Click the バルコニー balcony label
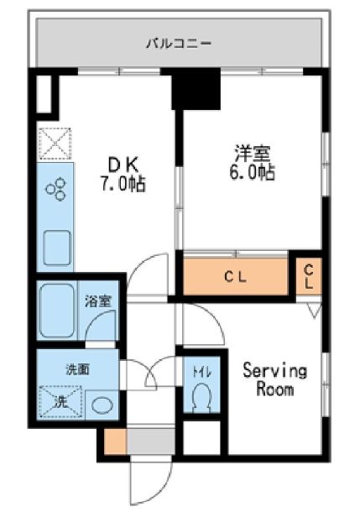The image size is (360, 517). point(179,43)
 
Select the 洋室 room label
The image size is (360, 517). point(253,153)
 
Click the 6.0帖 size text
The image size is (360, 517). point(253,172)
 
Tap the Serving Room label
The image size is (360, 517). point(275,380)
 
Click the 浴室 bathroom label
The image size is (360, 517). point(98,301)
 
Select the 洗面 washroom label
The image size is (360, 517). point(78,369)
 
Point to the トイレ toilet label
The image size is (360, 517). point(201,373)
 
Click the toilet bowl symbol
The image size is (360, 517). point(201,397)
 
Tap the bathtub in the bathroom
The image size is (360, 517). point(57,311)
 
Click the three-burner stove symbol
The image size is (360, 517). point(55,190)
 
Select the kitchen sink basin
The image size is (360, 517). point(57,248)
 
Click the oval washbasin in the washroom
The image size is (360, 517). point(102,405)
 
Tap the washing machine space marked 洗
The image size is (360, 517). point(60,402)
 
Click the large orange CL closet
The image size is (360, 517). point(235,276)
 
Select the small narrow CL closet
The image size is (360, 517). point(309,276)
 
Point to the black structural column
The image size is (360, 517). point(196,88)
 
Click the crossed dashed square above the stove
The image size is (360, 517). point(55,144)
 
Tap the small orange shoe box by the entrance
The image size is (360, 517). point(116,441)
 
